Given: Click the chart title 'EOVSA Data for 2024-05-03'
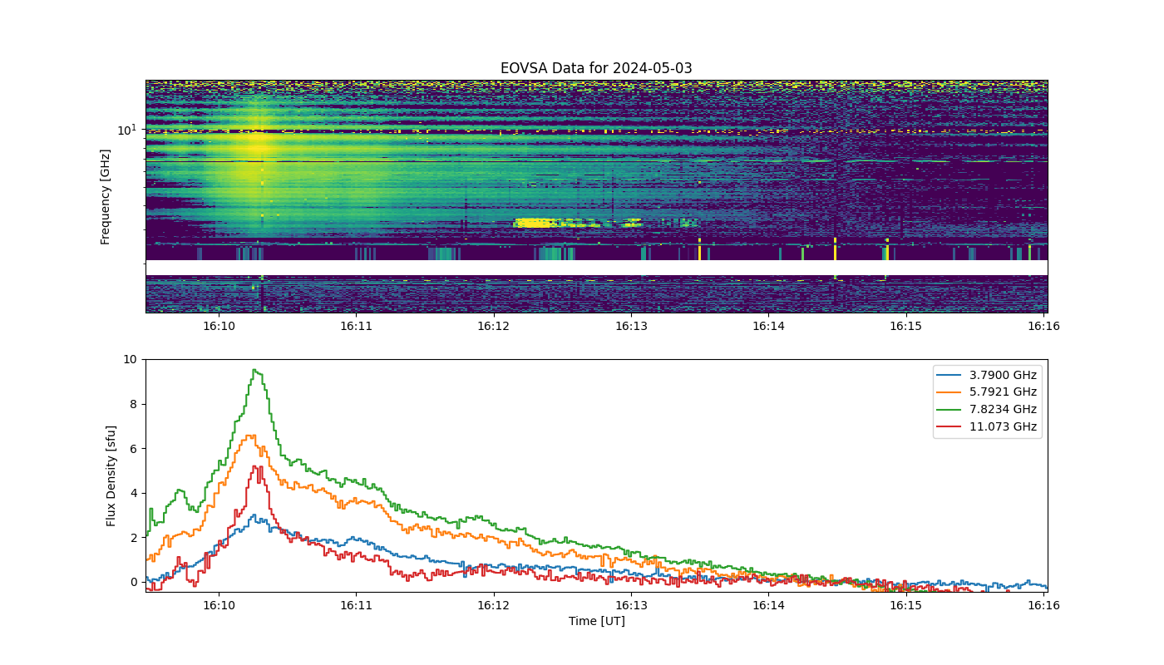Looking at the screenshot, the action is coord(596,68).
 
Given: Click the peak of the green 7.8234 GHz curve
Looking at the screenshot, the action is coord(254,370).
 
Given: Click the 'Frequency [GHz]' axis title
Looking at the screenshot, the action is coord(105,197).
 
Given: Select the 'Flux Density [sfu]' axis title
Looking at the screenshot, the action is coord(111,475).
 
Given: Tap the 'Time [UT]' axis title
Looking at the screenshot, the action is coord(597,622).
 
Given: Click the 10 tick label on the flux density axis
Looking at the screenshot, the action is coord(130,359).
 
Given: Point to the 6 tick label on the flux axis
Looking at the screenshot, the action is coord(134,449).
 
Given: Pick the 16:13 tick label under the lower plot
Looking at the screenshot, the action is coord(631,605).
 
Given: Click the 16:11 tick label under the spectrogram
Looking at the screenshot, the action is coord(356,326).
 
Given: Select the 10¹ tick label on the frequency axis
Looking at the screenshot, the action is coord(127,130).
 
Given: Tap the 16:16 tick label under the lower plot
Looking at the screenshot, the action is coord(1043,605).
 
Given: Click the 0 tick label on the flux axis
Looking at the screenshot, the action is coord(134,583).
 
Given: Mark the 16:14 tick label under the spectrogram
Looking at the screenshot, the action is coord(768,326).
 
